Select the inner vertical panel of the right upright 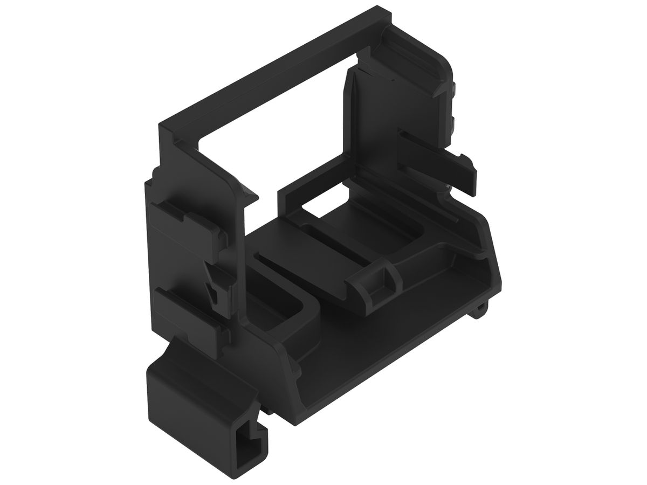372,124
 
